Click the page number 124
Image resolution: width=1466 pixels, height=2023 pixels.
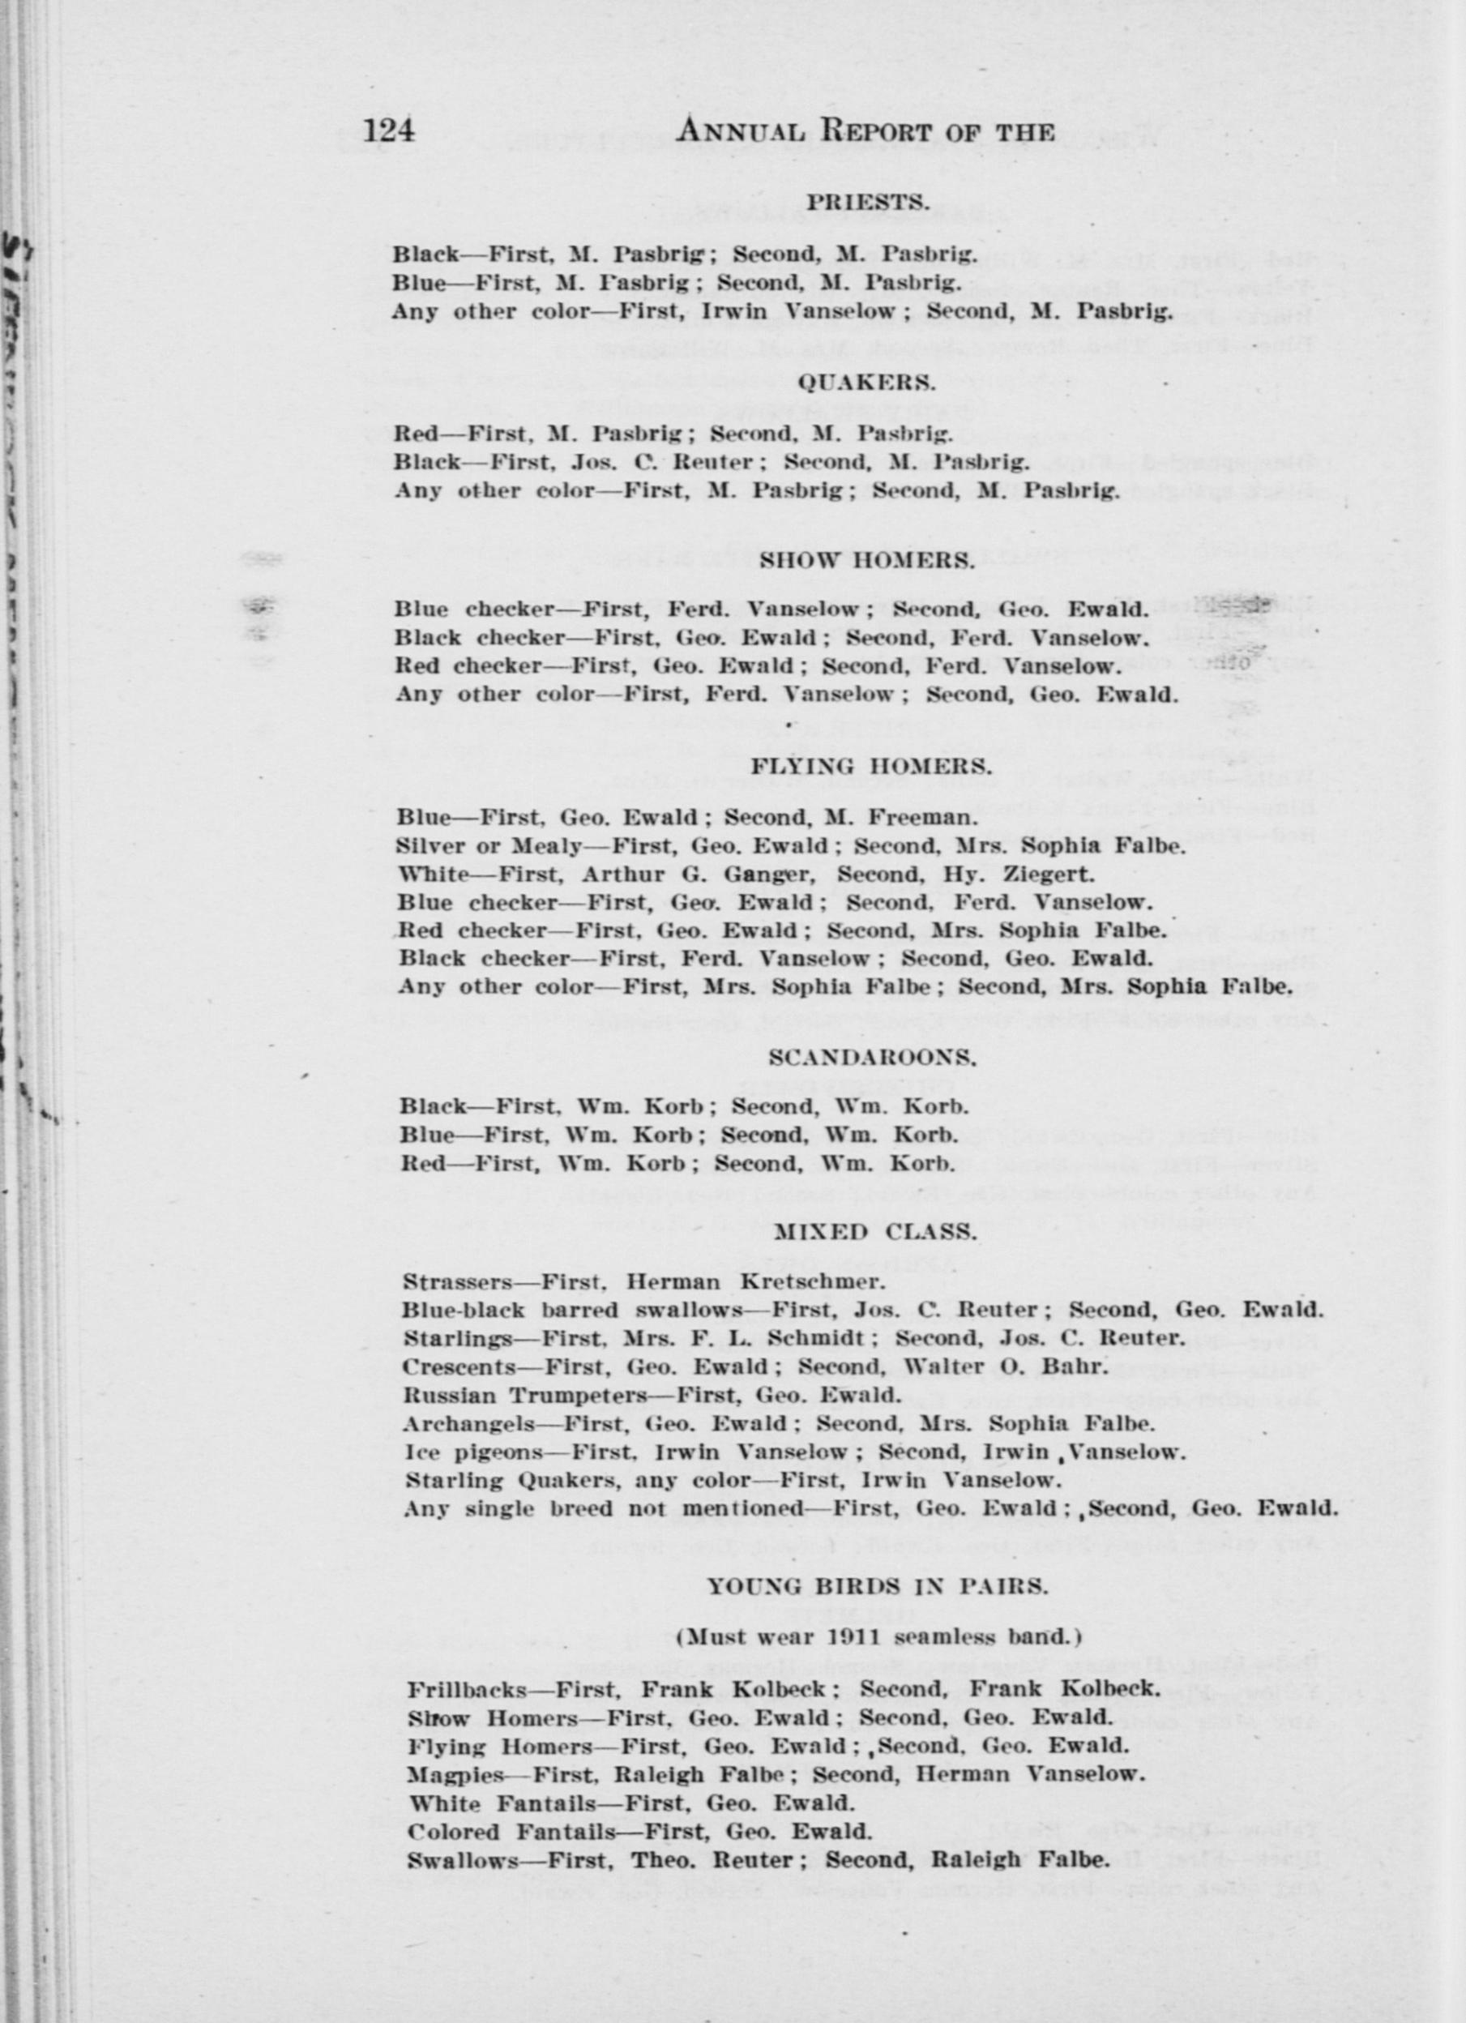tap(390, 131)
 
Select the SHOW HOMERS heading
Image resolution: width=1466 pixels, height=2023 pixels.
tap(865, 561)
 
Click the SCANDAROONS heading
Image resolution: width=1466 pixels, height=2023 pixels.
tap(872, 1058)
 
